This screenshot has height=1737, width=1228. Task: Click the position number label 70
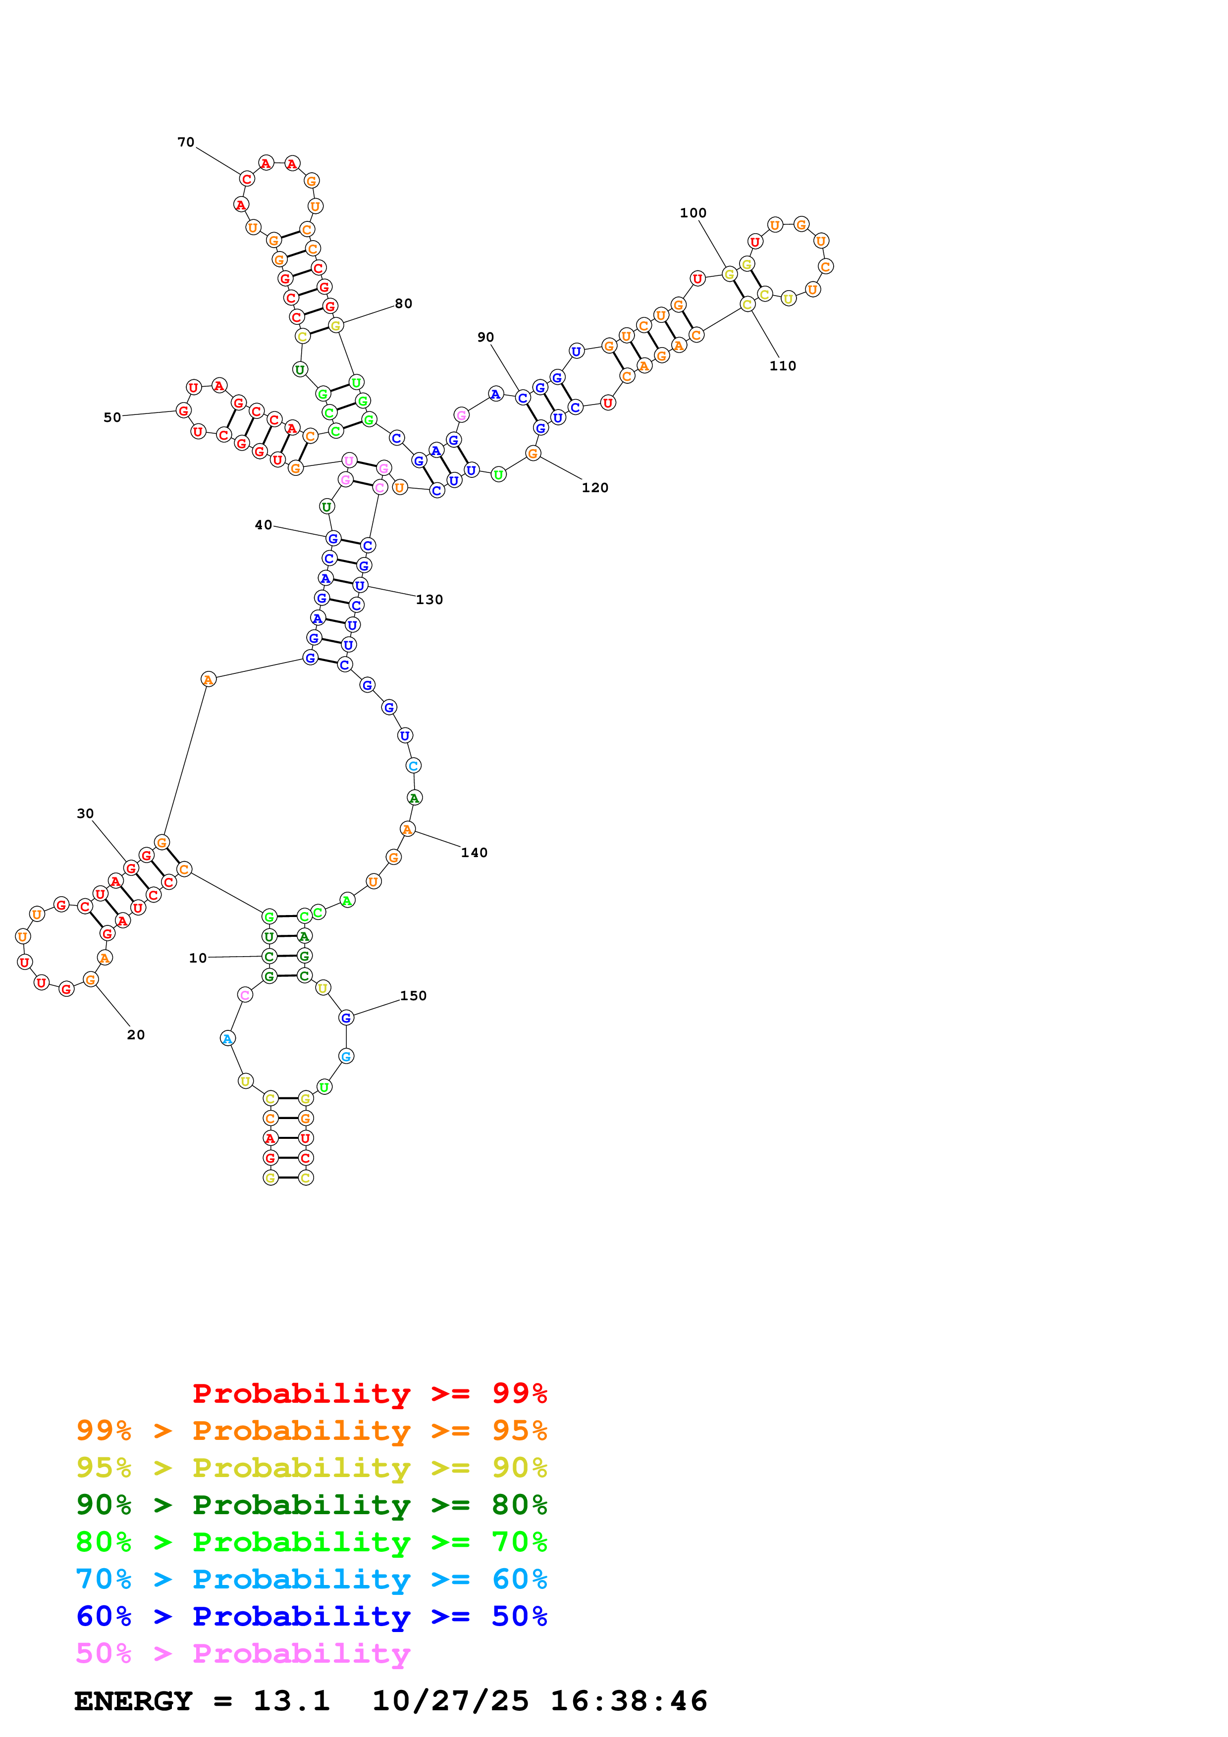pos(185,142)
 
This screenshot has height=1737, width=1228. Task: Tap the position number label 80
pos(403,304)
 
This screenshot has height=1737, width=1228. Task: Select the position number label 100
pos(693,212)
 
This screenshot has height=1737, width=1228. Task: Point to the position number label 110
pos(782,365)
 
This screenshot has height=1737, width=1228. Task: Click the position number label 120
pos(595,487)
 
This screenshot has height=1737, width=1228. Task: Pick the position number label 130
pos(429,599)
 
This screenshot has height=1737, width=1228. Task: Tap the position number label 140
pos(474,853)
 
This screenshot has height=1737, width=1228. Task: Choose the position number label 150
pos(413,996)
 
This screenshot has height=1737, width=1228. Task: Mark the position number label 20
pos(135,1035)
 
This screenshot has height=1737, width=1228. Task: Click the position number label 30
pos(85,813)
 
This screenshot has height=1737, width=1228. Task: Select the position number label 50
pos(112,417)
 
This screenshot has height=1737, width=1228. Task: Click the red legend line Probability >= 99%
pos(369,1393)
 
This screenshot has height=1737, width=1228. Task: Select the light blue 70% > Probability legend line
pos(311,1579)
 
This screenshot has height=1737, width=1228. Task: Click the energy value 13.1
pos(291,1701)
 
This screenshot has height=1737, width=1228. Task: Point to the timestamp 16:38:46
pos(628,1701)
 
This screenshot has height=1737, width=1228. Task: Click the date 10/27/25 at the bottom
pos(450,1701)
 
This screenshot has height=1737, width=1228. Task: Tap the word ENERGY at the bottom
pos(133,1701)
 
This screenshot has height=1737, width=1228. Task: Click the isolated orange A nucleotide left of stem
pos(208,679)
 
